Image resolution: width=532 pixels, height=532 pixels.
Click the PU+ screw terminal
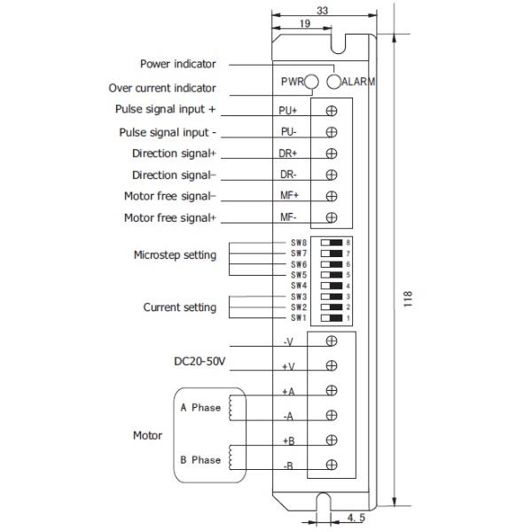click(332, 111)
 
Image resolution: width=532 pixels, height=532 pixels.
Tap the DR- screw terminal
click(332, 175)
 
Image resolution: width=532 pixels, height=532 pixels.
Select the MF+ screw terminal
click(332, 197)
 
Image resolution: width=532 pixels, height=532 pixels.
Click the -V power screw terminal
click(332, 340)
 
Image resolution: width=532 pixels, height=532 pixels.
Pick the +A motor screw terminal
click(332, 391)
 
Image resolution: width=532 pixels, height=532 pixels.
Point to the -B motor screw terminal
click(332, 465)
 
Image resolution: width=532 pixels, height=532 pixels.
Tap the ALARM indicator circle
click(333, 82)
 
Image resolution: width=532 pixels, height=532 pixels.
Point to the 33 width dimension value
click(321, 11)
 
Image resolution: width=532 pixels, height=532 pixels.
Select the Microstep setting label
click(175, 255)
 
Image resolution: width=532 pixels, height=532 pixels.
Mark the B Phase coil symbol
click(232, 459)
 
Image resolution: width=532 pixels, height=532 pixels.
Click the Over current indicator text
click(162, 89)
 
